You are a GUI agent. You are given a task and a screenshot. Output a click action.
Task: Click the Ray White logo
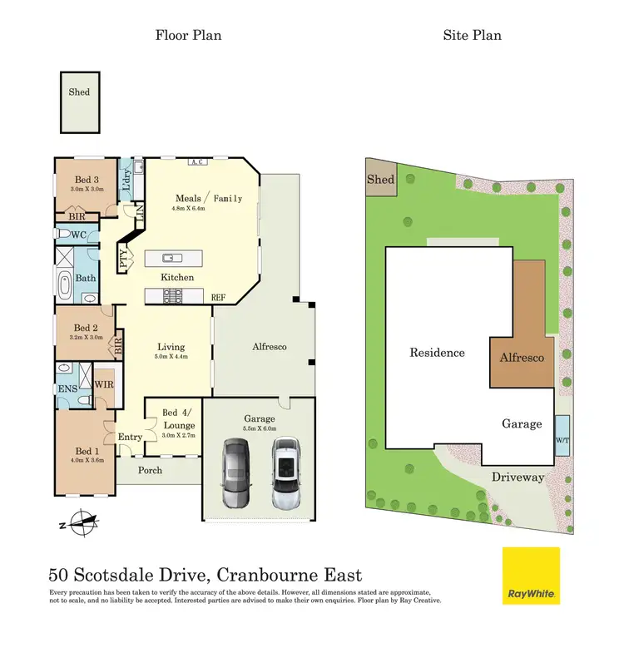[x=531, y=576]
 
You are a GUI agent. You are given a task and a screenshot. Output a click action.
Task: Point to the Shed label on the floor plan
[x=79, y=92]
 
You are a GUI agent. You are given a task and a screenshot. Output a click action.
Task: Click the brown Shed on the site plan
[x=381, y=180]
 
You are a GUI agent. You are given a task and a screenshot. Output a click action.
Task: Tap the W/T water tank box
[x=562, y=435]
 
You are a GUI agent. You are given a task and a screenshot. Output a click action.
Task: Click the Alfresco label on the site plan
[x=522, y=358]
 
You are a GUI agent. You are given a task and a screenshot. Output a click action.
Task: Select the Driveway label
[x=517, y=477]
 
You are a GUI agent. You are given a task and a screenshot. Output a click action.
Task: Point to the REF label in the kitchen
[x=219, y=297]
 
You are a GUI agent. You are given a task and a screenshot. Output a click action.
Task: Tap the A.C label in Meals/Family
[x=197, y=162]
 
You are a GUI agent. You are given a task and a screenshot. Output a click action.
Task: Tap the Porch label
[x=151, y=471]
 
